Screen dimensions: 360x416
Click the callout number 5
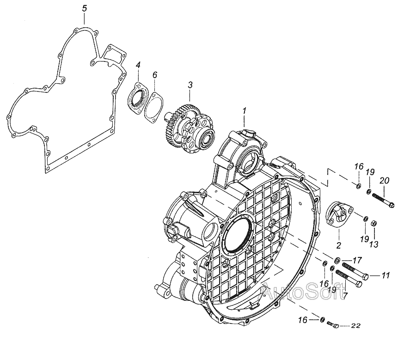click(x=84, y=8)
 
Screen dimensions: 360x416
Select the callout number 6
click(x=155, y=74)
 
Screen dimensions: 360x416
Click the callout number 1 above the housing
click(x=245, y=110)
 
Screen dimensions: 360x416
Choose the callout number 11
click(x=385, y=276)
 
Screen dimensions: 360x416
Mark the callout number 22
click(x=355, y=326)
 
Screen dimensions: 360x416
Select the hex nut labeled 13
click(x=375, y=221)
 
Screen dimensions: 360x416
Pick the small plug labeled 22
click(x=334, y=325)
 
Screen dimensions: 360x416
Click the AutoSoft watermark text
click(x=303, y=292)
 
